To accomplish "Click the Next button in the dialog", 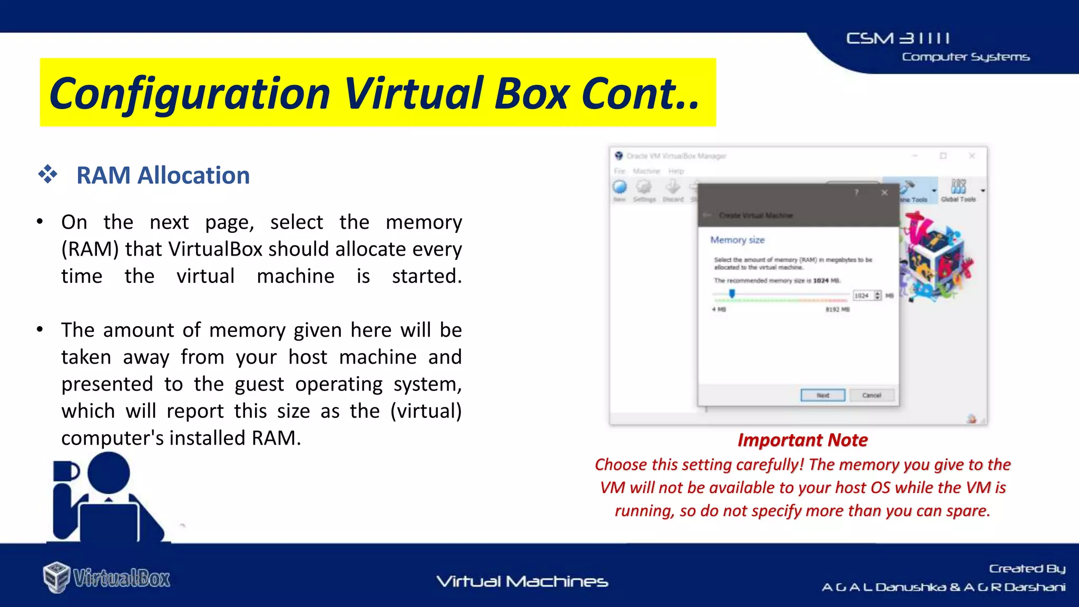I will click(822, 395).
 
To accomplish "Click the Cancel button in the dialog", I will click(871, 395).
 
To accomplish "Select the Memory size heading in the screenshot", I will click(737, 240).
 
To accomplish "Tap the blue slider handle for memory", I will click(732, 293).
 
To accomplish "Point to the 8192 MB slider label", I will click(837, 309).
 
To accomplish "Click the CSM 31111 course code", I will click(898, 38).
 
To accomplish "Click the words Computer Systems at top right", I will click(965, 57).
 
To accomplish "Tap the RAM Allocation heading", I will click(163, 175).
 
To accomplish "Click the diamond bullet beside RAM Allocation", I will click(47, 174).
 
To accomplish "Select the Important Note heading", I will click(802, 440).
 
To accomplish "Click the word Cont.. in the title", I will click(641, 94).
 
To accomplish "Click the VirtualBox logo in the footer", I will click(107, 577).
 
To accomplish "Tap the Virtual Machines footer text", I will click(522, 582).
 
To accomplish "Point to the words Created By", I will click(1026, 569).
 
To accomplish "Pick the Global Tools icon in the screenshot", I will click(958, 189).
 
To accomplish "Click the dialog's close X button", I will click(885, 193).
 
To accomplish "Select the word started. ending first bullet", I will click(426, 276).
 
